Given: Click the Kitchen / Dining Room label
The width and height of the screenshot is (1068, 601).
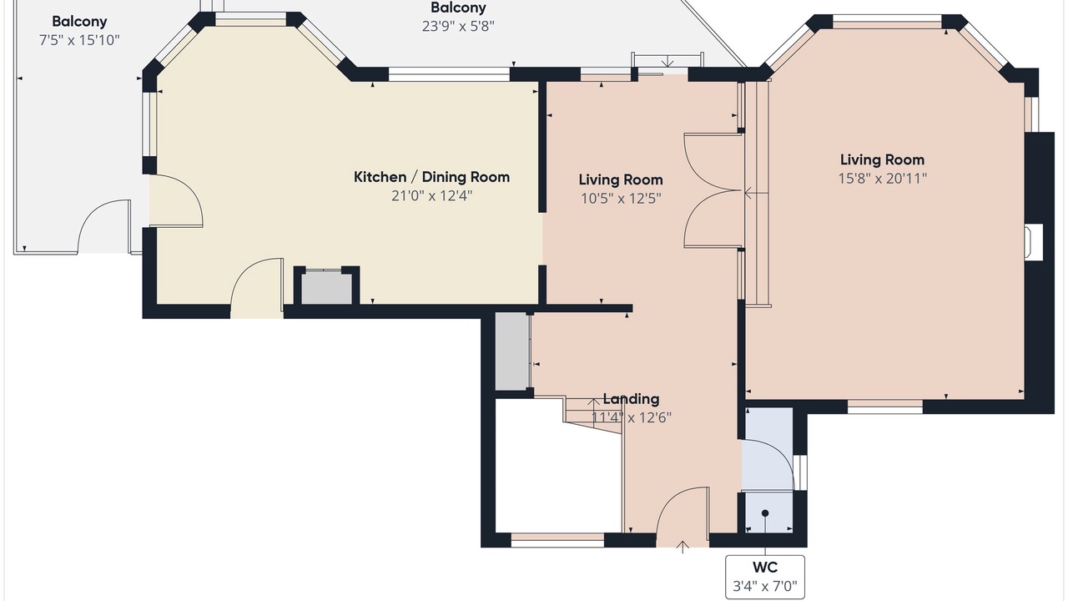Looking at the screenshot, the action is tap(431, 177).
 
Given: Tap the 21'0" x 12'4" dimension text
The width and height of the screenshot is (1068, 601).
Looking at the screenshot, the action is tap(431, 195).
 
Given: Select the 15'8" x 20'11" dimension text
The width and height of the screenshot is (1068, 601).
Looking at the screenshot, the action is tap(883, 179).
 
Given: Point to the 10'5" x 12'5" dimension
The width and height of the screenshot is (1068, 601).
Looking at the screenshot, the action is tap(621, 198).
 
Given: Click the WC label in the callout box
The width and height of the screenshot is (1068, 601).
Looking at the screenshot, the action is tap(765, 567).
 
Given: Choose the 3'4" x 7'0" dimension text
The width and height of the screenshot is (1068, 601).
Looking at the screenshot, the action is tap(765, 586).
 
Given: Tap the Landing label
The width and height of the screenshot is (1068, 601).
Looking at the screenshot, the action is tap(632, 399).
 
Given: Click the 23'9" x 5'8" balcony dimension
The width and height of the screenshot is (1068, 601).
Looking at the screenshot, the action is tap(458, 26).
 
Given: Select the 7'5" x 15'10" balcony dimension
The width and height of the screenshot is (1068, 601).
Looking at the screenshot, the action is tap(79, 39).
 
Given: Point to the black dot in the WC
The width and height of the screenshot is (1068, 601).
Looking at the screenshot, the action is tap(765, 513).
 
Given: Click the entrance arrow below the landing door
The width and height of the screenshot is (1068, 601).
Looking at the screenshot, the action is tap(683, 547).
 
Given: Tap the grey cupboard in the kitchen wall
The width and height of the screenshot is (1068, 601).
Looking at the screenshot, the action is tap(326, 287).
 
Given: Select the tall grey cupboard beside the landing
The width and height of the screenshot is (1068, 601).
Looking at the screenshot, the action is tap(512, 351).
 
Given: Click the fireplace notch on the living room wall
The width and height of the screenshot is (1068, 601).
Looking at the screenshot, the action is tap(1034, 242).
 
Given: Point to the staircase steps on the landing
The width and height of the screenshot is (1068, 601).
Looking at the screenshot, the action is tap(593, 413).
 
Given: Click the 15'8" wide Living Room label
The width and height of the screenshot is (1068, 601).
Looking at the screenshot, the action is tap(883, 159).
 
